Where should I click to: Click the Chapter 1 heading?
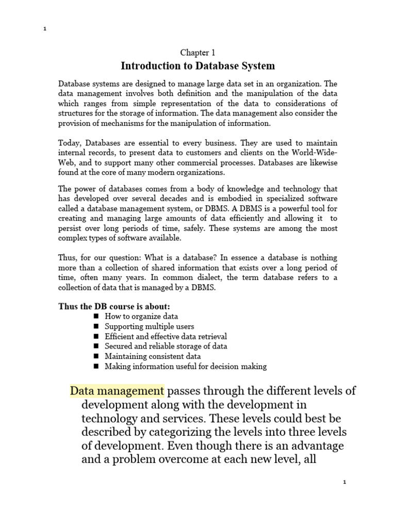point(197,52)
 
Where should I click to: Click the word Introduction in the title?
point(147,66)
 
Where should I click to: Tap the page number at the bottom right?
point(345,482)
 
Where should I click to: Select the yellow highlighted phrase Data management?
point(117,390)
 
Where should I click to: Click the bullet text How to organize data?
point(141,316)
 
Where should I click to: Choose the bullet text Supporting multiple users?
point(150,326)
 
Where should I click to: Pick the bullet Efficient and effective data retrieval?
point(166,336)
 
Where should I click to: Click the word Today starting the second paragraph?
point(69,142)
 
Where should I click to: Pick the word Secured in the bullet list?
point(119,346)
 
